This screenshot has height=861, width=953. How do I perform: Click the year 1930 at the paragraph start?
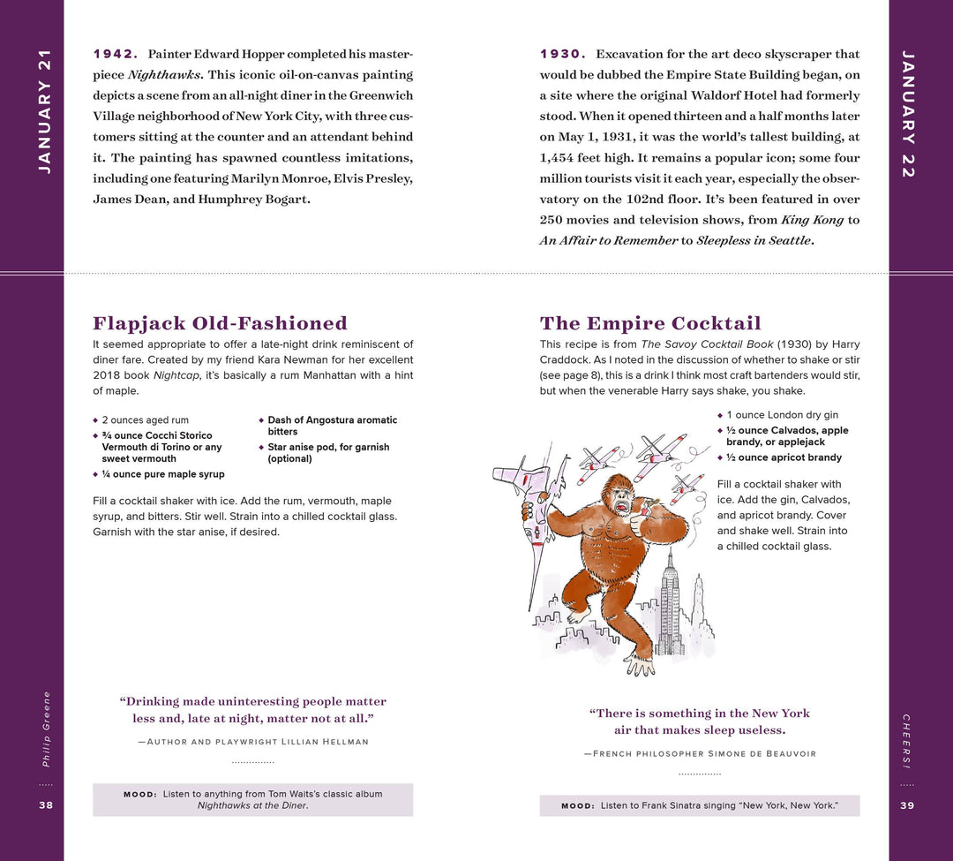pyautogui.click(x=562, y=54)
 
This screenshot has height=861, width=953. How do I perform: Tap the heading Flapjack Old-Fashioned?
pyautogui.click(x=220, y=323)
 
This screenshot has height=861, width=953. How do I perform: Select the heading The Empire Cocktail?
pyautogui.click(x=650, y=323)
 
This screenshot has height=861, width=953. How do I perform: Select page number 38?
pyautogui.click(x=46, y=804)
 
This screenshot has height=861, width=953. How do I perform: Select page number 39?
pyautogui.click(x=907, y=804)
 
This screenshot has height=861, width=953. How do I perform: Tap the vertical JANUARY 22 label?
pyautogui.click(x=908, y=115)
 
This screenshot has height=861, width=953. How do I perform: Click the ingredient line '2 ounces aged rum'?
pyautogui.click(x=145, y=420)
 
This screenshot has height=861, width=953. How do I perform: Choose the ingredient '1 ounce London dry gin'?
pyautogui.click(x=782, y=415)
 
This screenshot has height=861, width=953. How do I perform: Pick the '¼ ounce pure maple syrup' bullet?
pyautogui.click(x=162, y=474)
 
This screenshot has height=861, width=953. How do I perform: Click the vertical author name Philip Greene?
pyautogui.click(x=46, y=729)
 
